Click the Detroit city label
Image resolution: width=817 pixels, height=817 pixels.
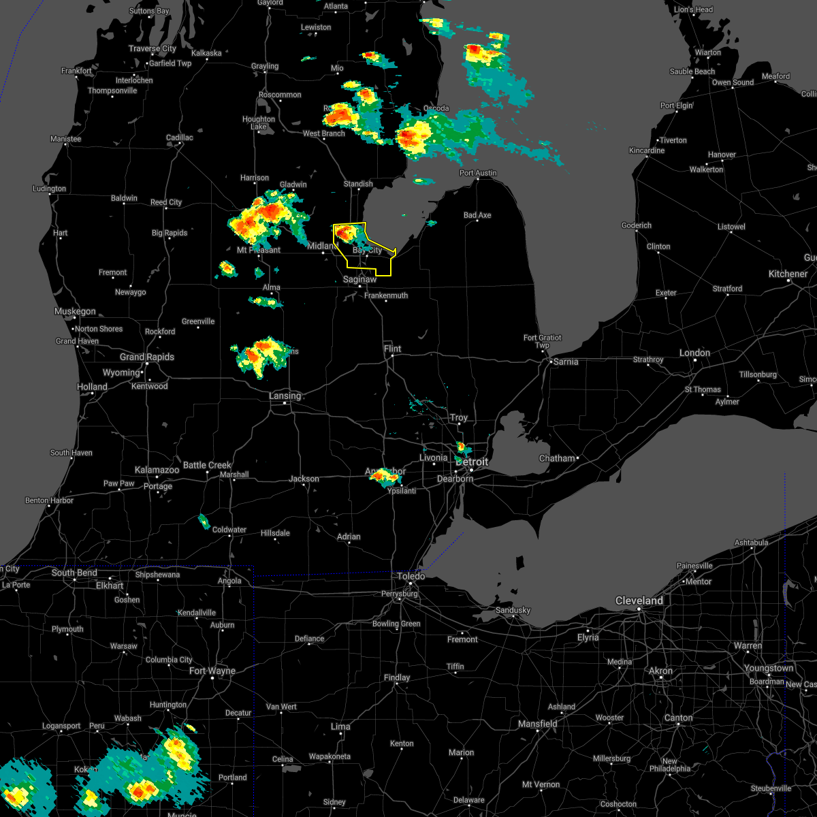coord(472,462)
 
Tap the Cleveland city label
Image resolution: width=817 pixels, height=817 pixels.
coord(639,601)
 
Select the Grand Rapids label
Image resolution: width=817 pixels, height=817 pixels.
coord(146,357)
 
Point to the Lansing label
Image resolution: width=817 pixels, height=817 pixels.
coord(285,396)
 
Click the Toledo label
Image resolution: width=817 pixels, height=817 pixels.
coord(411,577)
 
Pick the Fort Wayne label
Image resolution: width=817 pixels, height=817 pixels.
coord(212,671)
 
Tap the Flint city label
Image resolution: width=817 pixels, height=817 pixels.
coord(392,349)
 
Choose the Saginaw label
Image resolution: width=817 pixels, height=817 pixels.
coord(359,280)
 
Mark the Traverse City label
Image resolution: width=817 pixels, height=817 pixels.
coord(153,49)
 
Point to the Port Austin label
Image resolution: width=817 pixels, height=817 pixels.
coord(478,174)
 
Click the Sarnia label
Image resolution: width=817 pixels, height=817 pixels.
coord(565,362)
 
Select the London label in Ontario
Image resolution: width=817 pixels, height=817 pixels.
coord(694,353)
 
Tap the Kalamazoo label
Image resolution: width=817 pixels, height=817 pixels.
coord(157,470)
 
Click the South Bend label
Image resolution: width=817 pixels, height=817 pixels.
coord(74,573)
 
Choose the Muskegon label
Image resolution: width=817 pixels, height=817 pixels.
coord(75,312)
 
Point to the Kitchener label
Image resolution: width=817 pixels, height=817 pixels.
coord(788,274)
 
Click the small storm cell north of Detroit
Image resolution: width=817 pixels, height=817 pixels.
coord(462,447)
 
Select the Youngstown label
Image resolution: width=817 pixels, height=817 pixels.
coord(768,669)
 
